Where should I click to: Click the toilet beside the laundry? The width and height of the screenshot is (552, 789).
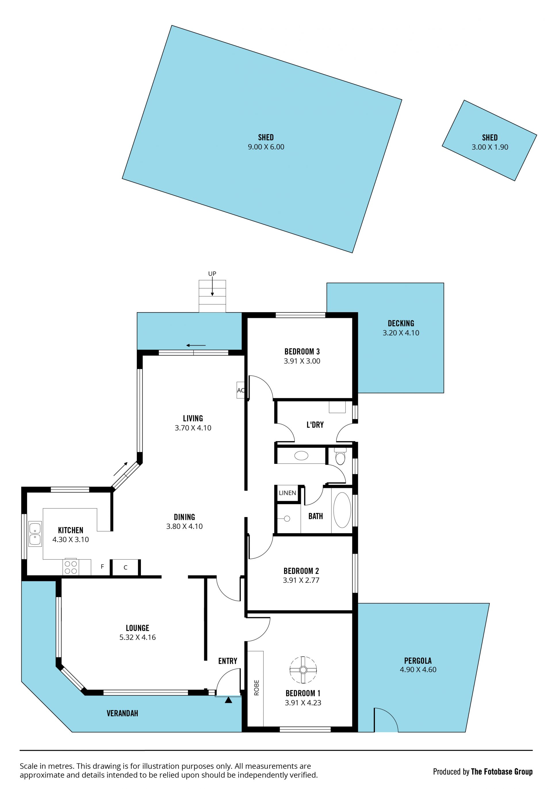(340, 456)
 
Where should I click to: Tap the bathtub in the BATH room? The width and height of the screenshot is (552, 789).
(342, 510)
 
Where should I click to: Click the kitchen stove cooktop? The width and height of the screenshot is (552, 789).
(70, 567)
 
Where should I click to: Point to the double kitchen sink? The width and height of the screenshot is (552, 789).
(35, 534)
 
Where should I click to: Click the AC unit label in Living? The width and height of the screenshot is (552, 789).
(241, 390)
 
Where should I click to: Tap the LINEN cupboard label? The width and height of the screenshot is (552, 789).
(287, 493)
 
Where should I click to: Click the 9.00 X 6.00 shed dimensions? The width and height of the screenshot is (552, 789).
(266, 147)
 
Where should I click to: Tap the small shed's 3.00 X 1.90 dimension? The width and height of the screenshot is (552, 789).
(490, 147)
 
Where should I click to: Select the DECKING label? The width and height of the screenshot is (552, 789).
(401, 323)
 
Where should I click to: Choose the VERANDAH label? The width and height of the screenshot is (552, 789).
(122, 713)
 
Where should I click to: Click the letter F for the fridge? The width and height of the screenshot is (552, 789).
(102, 567)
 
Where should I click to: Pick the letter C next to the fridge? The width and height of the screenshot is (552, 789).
(126, 567)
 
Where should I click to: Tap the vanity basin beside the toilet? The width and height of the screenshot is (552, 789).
(301, 456)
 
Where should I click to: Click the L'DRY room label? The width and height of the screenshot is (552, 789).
(315, 425)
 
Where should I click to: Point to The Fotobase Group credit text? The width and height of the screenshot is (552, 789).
(501, 771)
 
